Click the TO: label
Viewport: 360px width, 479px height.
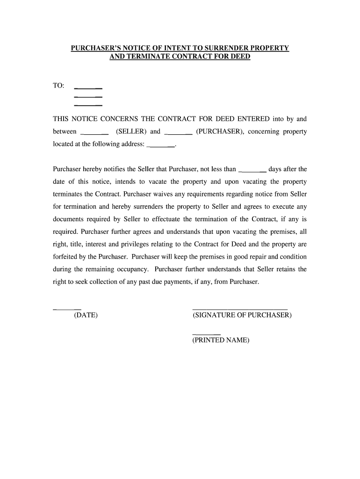point(59,87)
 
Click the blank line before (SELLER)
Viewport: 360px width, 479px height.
point(95,133)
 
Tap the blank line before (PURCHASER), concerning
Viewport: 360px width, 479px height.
point(179,133)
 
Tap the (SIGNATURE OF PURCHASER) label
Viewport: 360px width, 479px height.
point(242,315)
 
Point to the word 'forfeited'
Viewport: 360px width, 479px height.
point(65,256)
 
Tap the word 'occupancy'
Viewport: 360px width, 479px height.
point(132,269)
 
